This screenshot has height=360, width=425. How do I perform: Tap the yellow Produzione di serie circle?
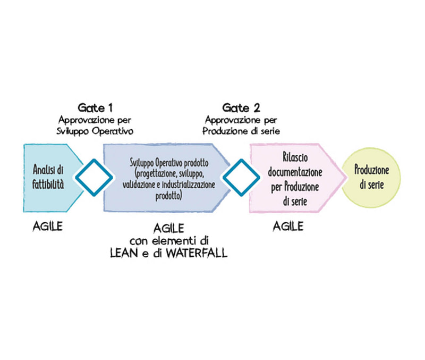click(372, 177)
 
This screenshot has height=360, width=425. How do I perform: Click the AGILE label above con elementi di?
click(168, 228)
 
